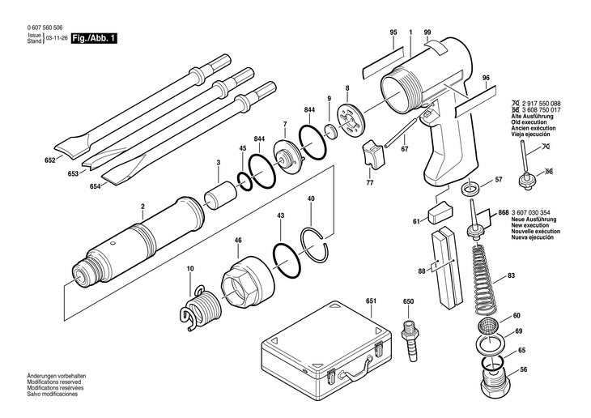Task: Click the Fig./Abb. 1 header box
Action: point(92,38)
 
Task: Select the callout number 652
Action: point(49,160)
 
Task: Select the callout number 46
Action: point(238,241)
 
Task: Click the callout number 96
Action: point(487,78)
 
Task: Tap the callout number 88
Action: point(422,271)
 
